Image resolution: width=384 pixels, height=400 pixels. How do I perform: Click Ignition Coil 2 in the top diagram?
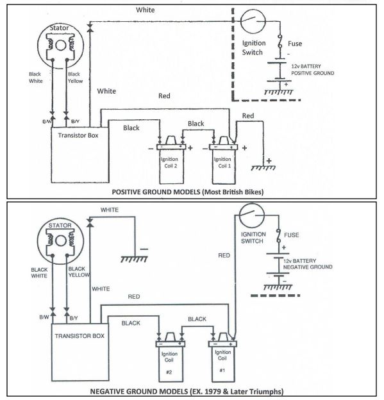(x=171, y=158)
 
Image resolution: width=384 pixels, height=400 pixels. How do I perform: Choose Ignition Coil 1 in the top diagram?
(x=222, y=158)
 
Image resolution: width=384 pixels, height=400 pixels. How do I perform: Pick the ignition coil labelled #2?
(x=168, y=359)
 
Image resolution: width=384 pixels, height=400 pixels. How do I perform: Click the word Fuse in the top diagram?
(x=295, y=44)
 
